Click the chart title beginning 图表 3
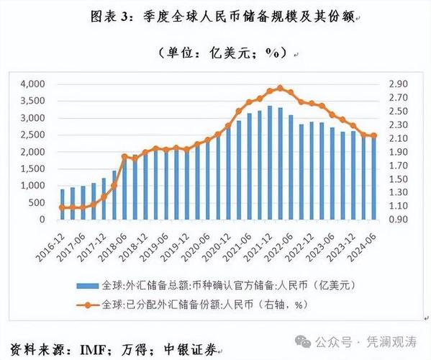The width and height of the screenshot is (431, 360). pyautogui.click(x=217, y=16)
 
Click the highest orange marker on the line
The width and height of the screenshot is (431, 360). pyautogui.click(x=280, y=88)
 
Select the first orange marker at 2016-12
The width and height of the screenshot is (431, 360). pyautogui.click(x=62, y=207)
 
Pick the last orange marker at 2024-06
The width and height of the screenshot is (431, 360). pyautogui.click(x=373, y=135)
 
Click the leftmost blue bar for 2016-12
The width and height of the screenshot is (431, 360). pyautogui.click(x=62, y=204)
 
